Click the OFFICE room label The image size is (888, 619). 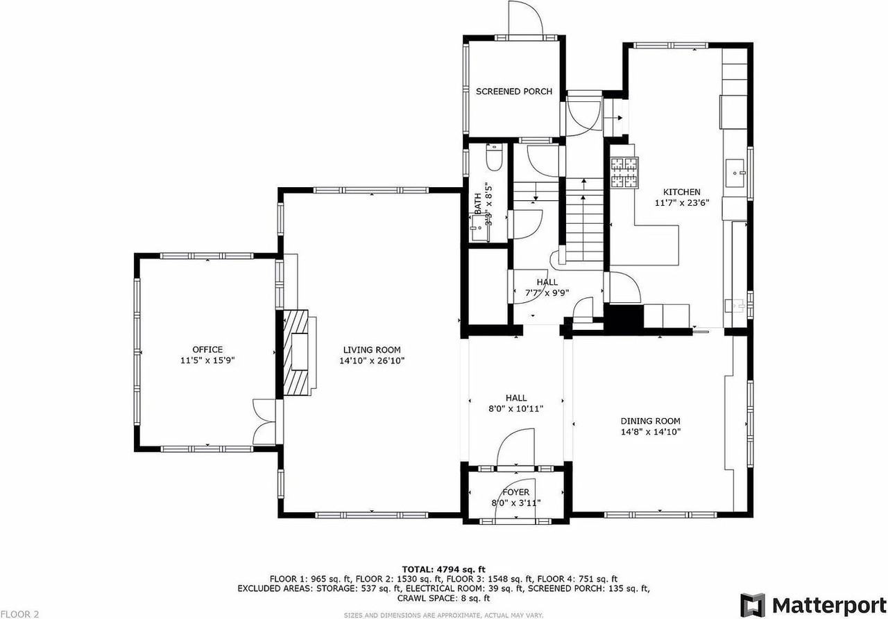207,349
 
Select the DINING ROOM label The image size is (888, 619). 650,421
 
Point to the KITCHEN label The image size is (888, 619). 681,192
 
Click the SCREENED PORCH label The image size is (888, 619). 513,91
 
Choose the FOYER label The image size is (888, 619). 515,492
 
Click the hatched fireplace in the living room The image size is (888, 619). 298,353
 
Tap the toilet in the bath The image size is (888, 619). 494,159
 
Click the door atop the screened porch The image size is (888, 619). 524,17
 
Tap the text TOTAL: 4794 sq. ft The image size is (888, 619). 444,568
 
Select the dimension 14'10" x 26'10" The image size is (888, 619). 372,360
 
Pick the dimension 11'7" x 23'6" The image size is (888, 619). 681,203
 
